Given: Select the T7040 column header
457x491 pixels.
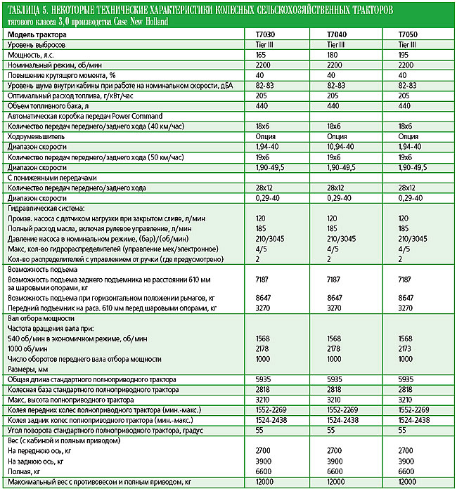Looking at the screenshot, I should tap(339, 34).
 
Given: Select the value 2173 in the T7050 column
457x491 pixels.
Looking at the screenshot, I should tap(406, 348).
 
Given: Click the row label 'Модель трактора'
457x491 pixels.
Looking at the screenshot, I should tap(37, 34).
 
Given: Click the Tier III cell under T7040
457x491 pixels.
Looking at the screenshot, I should tap(336, 44).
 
